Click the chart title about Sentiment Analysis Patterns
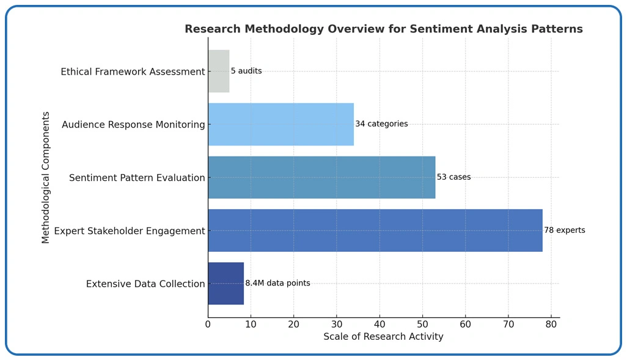pyautogui.click(x=383, y=29)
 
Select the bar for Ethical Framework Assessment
pyautogui.click(x=219, y=72)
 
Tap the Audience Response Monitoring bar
pyautogui.click(x=280, y=125)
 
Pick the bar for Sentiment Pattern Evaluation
pyautogui.click(x=321, y=177)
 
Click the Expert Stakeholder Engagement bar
pyautogui.click(x=375, y=230)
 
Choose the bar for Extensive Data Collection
pyautogui.click(x=226, y=284)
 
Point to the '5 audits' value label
pyautogui.click(x=246, y=72)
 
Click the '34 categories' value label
pyautogui.click(x=381, y=124)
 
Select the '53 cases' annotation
pyautogui.click(x=453, y=177)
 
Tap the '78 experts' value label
pyautogui.click(x=564, y=230)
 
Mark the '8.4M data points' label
pyautogui.click(x=277, y=284)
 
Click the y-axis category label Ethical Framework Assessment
pyautogui.click(x=133, y=72)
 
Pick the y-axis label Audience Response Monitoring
pyautogui.click(x=133, y=125)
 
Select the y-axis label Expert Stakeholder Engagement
pyautogui.click(x=130, y=231)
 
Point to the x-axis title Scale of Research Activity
pyautogui.click(x=383, y=337)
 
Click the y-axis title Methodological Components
pyautogui.click(x=46, y=177)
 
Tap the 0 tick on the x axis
pyautogui.click(x=208, y=324)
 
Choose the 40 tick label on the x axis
pyautogui.click(x=380, y=324)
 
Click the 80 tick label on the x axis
pyautogui.click(x=551, y=324)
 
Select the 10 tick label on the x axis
pyautogui.click(x=251, y=324)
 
